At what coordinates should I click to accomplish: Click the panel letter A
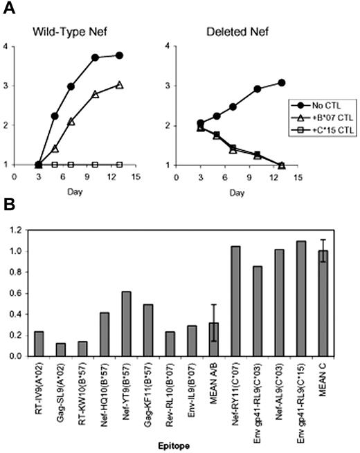[8, 8]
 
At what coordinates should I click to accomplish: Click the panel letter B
[8, 207]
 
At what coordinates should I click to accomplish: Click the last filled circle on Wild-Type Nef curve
[120, 55]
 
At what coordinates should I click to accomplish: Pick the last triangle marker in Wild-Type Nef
[120, 84]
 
